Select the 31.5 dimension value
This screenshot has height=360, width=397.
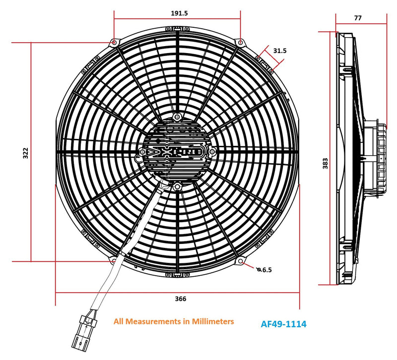(280, 51)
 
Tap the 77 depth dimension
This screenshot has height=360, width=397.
(358, 18)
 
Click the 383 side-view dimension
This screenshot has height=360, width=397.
(326, 164)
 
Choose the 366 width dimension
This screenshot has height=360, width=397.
(180, 299)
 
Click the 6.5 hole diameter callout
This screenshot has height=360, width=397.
(266, 270)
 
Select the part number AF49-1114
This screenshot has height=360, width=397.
(283, 325)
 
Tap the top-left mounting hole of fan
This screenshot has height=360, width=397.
(115, 43)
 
